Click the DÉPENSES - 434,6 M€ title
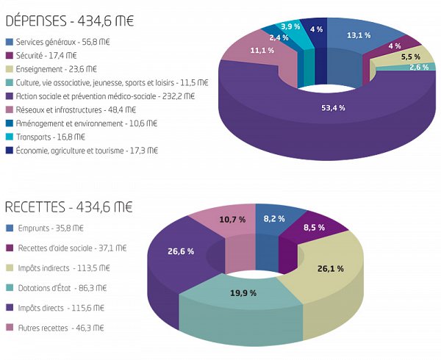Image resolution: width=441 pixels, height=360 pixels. point(70,21)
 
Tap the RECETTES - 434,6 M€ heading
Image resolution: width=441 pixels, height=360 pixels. point(68,207)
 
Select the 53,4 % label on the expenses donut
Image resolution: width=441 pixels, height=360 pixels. point(333,108)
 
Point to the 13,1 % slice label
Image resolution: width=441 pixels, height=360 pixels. point(359,35)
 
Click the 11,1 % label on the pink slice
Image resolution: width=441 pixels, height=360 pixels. point(262,51)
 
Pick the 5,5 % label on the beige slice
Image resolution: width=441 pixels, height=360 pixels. point(411,57)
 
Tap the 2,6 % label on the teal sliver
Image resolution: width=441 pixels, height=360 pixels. point(419,67)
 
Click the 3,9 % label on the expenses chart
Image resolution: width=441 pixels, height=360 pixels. point(290,26)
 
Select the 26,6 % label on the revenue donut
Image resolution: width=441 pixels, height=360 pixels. point(181,251)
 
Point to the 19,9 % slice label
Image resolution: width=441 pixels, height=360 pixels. point(243,293)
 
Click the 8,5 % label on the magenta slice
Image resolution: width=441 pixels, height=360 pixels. point(314,227)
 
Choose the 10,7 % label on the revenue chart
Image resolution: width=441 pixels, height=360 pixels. point(232,220)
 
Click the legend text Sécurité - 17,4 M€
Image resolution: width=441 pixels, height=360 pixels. point(46,56)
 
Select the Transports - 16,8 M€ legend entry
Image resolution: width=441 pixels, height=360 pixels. point(51,137)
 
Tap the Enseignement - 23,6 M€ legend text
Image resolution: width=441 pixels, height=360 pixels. point(57,69)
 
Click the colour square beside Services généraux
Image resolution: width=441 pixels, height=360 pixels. point(10,42)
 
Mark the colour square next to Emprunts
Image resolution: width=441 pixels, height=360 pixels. point(10,228)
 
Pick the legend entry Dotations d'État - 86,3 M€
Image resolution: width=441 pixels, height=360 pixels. point(62,288)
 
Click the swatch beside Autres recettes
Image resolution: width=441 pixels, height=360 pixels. point(10,328)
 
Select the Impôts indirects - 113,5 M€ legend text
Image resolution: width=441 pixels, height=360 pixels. point(64,268)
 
